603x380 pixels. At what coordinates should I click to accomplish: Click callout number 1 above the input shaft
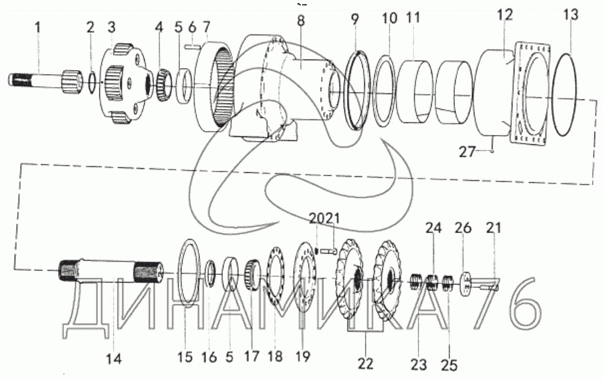[37, 28]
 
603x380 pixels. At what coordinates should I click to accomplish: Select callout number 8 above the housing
[301, 21]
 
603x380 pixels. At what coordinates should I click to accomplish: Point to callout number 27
[467, 152]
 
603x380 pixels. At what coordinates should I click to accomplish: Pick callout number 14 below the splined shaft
[114, 358]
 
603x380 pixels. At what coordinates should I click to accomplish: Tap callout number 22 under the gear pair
[365, 363]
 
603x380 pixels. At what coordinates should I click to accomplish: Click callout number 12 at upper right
[505, 15]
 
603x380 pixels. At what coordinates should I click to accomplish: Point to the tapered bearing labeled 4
[164, 84]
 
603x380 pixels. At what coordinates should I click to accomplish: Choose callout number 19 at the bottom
[303, 357]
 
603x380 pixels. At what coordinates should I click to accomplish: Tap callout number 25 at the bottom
[450, 364]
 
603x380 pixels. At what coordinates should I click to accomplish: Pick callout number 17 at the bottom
[252, 357]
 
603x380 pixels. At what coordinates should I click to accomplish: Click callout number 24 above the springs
[434, 228]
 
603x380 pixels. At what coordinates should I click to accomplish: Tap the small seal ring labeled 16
[210, 273]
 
